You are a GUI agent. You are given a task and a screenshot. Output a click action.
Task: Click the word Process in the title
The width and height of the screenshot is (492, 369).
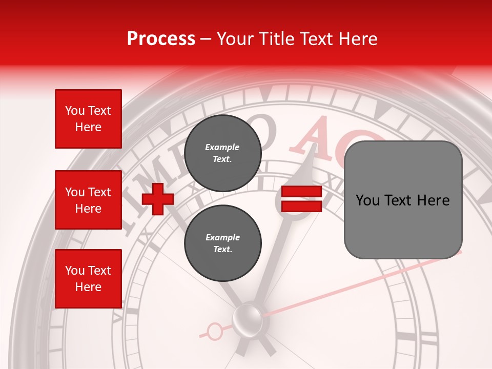pyautogui.click(x=161, y=39)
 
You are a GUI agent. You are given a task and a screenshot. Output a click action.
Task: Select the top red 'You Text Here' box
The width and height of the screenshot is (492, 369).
pyautogui.click(x=88, y=119)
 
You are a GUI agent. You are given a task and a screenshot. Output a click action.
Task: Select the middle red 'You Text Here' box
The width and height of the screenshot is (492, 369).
pyautogui.click(x=88, y=200)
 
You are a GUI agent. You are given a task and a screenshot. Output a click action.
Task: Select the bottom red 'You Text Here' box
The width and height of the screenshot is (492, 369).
pyautogui.click(x=88, y=279)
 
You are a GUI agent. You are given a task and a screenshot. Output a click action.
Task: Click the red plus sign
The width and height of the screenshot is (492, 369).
pyautogui.click(x=158, y=199)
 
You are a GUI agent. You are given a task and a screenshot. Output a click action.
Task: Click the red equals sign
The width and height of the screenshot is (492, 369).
pyautogui.click(x=301, y=199)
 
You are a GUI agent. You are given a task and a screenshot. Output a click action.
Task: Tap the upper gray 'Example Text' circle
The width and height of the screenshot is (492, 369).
pyautogui.click(x=222, y=153)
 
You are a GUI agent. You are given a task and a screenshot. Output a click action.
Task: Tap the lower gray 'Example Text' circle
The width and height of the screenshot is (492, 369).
pyautogui.click(x=222, y=243)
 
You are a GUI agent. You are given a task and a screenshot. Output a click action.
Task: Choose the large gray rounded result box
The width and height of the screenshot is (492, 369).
pyautogui.click(x=403, y=200)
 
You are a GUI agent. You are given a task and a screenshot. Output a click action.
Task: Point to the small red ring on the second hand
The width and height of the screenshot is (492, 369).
pyautogui.click(x=215, y=332)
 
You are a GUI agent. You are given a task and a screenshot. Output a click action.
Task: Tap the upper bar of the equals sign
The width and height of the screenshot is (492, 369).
pyautogui.click(x=301, y=192)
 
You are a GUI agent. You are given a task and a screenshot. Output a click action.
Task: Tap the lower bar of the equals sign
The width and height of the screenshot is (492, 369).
pyautogui.click(x=301, y=207)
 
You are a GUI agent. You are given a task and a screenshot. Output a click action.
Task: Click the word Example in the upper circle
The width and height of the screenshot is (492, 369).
pyautogui.click(x=222, y=147)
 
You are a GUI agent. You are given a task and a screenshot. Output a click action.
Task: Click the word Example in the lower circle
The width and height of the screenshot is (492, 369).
pyautogui.click(x=222, y=237)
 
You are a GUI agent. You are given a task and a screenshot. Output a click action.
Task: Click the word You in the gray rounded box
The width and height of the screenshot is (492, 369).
pyautogui.click(x=367, y=200)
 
